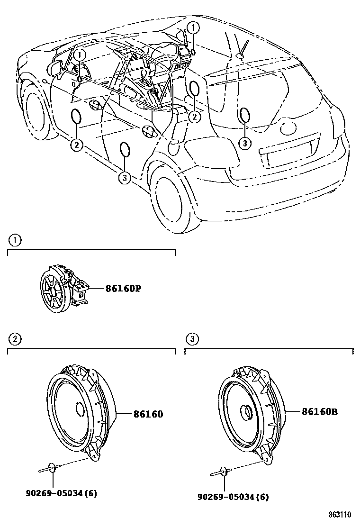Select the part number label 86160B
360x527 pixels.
tap(320, 412)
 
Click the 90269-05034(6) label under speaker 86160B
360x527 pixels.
tap(233, 497)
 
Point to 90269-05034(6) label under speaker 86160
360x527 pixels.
tap(61, 493)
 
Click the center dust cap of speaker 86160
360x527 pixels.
tap(79, 409)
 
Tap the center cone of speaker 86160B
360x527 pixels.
tap(246, 412)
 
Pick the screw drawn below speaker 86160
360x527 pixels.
tap(48, 469)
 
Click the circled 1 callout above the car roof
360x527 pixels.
tap(193, 27)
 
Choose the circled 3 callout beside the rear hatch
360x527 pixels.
tap(244, 142)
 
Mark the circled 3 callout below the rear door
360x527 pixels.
tap(124, 177)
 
